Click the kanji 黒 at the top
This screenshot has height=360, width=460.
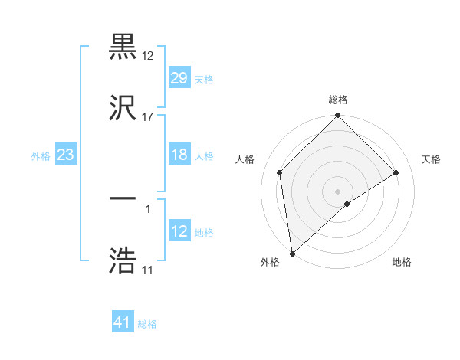(x=123, y=47)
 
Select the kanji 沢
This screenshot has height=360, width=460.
(x=123, y=106)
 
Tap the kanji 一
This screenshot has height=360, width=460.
(x=123, y=199)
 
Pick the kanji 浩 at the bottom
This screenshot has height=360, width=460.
(x=123, y=260)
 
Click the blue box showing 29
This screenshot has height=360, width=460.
(x=179, y=78)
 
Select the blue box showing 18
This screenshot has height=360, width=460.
(x=179, y=155)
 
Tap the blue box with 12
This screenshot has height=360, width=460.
(x=179, y=232)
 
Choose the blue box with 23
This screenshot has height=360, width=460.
(x=66, y=155)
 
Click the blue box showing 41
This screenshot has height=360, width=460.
(x=123, y=323)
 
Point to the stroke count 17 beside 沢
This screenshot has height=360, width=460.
(x=148, y=117)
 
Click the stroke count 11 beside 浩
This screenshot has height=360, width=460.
(x=147, y=270)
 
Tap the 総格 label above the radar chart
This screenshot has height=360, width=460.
(x=337, y=100)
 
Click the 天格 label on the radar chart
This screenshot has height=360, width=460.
(x=432, y=159)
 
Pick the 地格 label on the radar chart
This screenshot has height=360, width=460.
(x=402, y=263)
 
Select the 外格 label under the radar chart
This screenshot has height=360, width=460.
(x=270, y=263)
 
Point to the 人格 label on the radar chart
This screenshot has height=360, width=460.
(x=245, y=159)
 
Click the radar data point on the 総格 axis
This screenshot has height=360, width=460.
(x=337, y=116)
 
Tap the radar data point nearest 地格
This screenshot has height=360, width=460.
(x=347, y=204)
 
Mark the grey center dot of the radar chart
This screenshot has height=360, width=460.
(x=337, y=191)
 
